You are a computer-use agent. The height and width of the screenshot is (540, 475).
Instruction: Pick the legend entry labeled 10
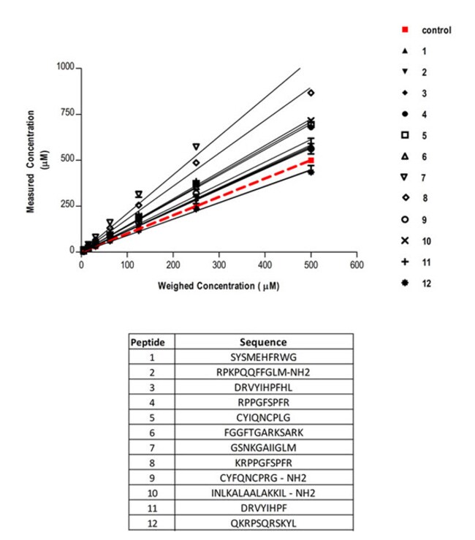[425, 241]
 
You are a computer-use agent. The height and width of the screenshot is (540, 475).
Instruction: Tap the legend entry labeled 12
[425, 284]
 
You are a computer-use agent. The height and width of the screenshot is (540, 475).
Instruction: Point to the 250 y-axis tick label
[68, 205]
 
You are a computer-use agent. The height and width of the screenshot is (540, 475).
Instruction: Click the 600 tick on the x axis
[356, 266]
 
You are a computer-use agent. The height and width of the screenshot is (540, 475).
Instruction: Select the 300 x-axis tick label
[218, 266]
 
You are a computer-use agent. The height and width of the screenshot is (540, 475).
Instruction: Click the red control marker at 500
[311, 160]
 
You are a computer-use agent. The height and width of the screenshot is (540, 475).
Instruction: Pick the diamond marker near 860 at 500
[311, 93]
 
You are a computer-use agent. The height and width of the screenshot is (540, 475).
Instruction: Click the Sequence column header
[263, 342]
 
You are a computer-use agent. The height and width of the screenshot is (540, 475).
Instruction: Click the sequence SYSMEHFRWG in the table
[263, 358]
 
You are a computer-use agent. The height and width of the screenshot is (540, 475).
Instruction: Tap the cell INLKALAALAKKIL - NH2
[263, 493]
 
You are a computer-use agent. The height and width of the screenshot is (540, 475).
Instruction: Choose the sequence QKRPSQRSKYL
[263, 523]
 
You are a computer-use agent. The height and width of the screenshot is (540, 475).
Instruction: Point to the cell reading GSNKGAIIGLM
[263, 448]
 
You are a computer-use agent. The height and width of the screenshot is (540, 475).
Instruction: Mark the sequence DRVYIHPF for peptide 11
[263, 509]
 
